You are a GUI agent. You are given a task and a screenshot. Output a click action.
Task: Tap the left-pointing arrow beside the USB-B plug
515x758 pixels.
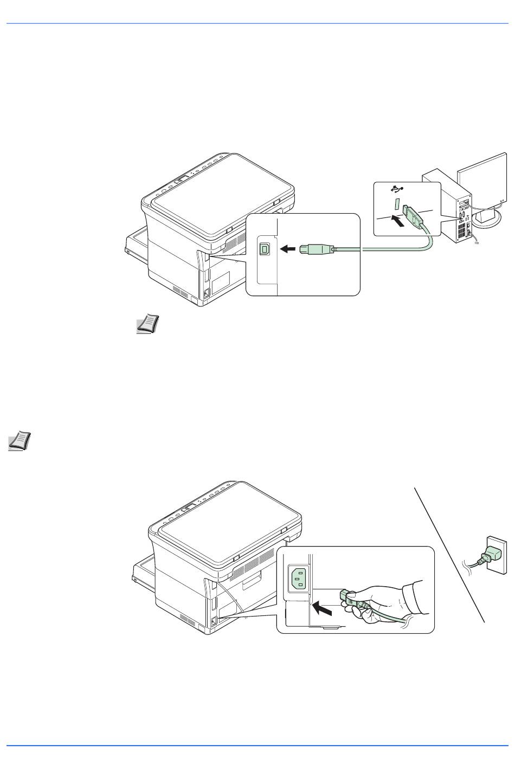288,249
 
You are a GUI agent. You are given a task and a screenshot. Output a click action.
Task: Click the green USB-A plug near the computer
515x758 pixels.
413,217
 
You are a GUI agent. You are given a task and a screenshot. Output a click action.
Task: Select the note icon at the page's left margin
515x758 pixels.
20,441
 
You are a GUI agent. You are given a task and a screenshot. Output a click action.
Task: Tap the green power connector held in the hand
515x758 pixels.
349,599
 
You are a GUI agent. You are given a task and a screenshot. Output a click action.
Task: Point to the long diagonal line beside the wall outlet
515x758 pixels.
449,554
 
